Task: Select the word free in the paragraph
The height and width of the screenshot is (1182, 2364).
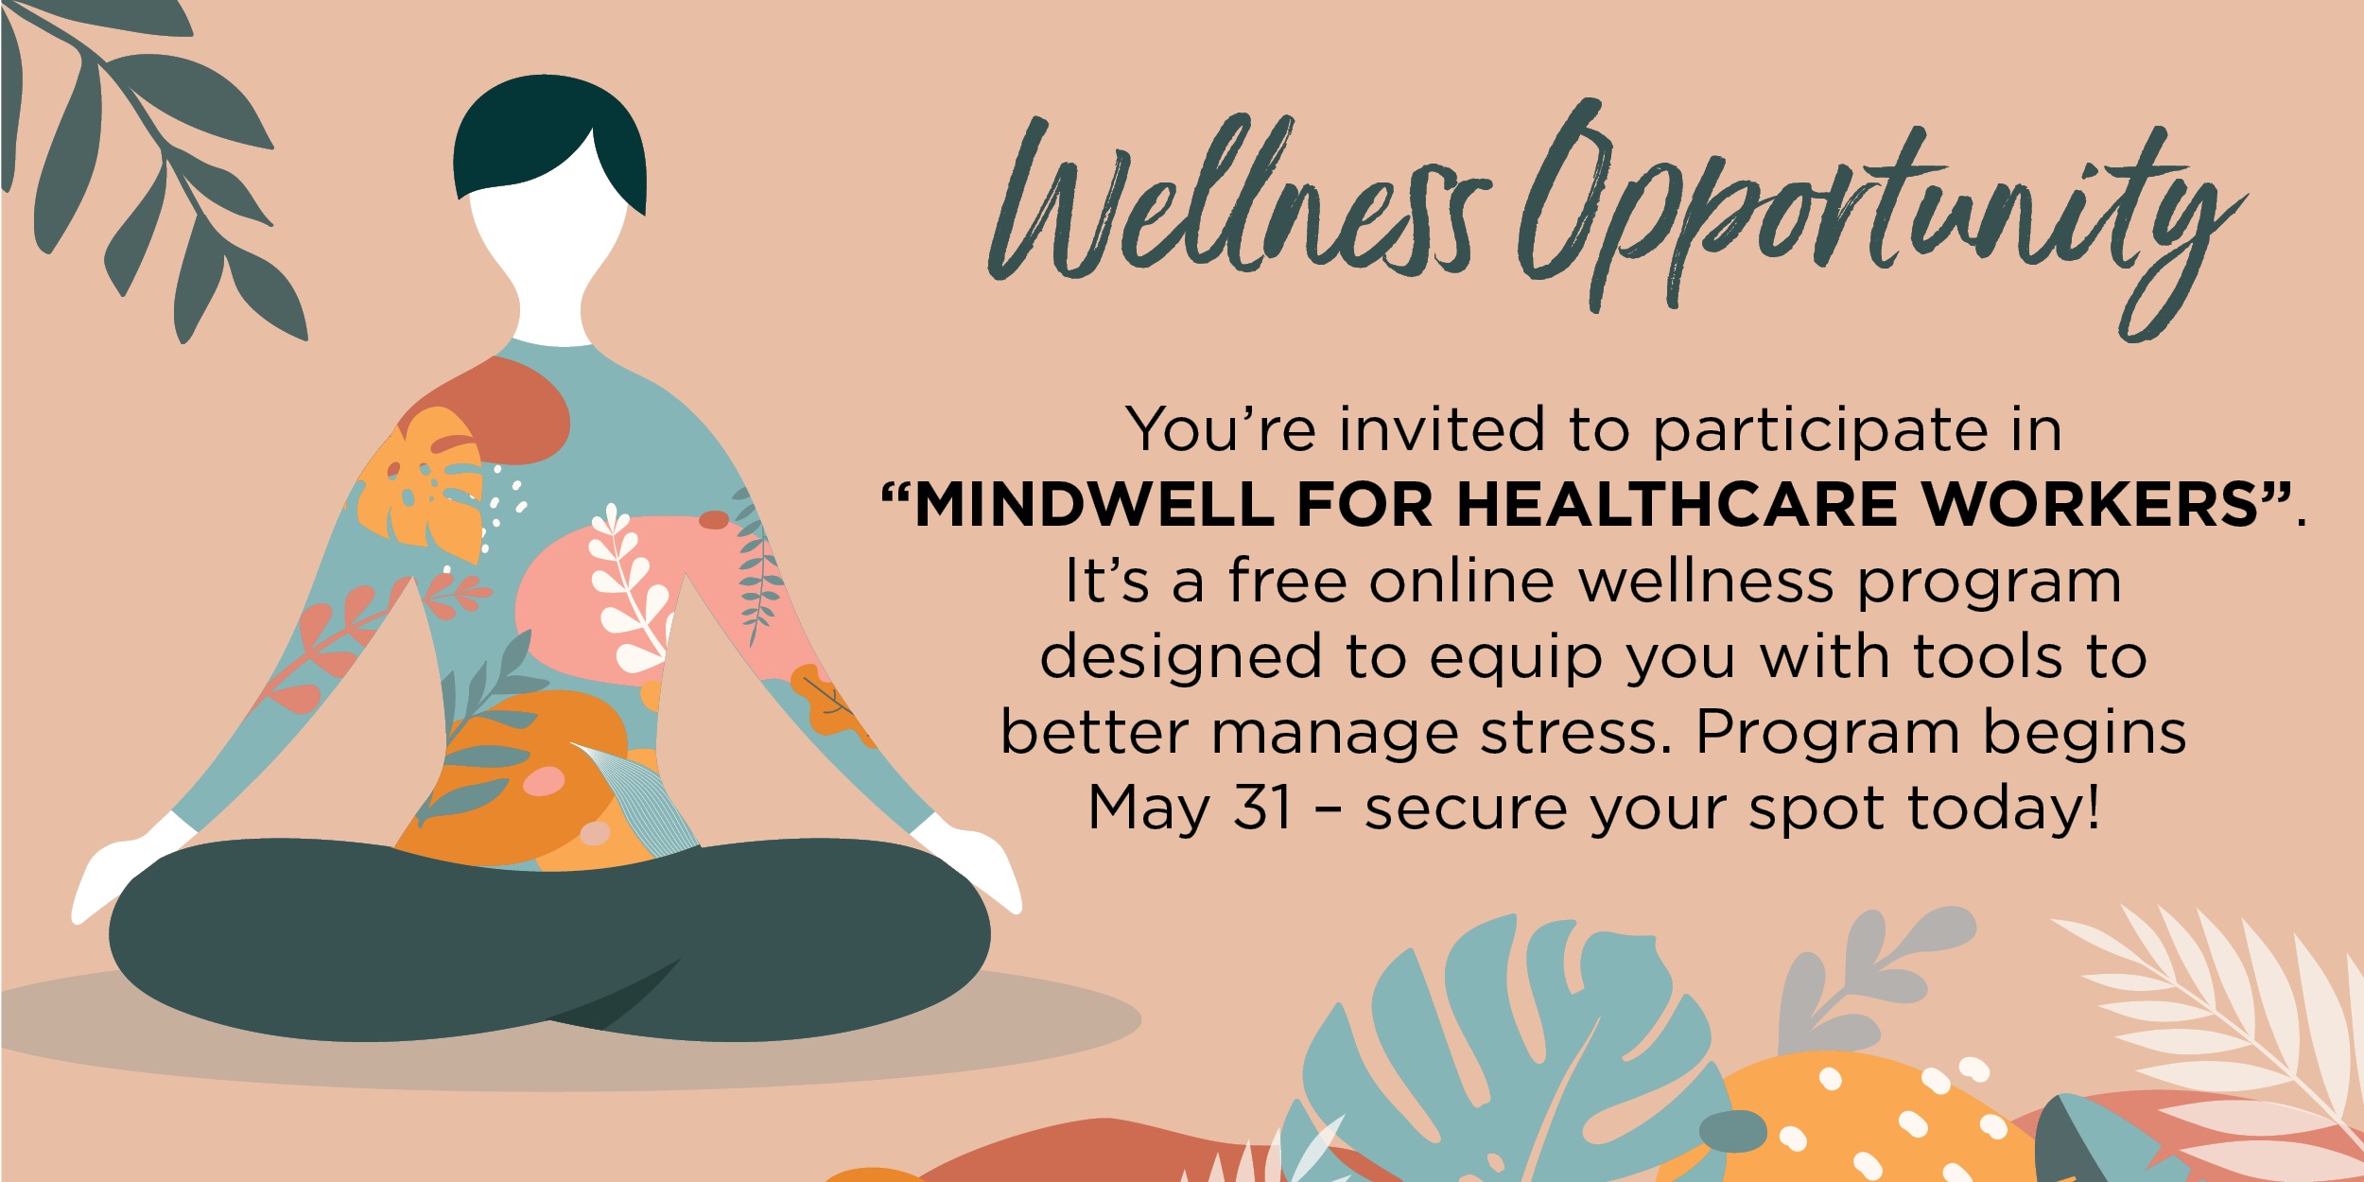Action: click(1287, 581)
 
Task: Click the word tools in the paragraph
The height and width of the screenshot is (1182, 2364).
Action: click(1987, 657)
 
